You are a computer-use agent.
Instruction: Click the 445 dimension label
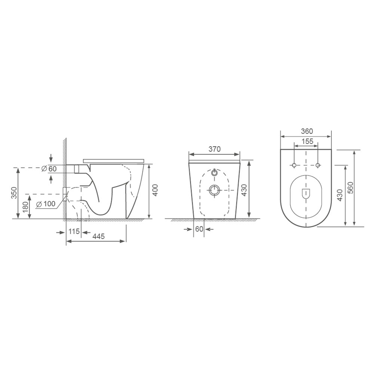(x=98, y=236)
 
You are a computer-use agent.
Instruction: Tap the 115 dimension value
(x=74, y=231)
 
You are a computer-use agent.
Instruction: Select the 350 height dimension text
(x=14, y=193)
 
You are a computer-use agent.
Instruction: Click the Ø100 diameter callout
(x=46, y=204)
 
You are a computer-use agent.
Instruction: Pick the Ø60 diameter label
(x=49, y=169)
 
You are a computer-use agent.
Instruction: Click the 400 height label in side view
(x=155, y=190)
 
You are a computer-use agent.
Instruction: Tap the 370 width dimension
(x=214, y=149)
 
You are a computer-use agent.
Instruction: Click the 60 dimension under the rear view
(x=199, y=229)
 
